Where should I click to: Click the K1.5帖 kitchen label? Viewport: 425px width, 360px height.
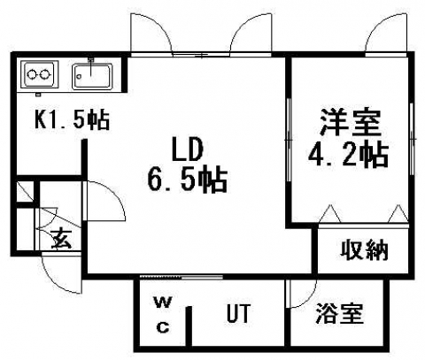(x=73, y=119)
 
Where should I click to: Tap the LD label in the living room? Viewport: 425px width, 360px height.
(x=188, y=149)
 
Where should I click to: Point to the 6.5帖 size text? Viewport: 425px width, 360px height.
(x=188, y=180)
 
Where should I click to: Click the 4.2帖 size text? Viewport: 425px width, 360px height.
(x=348, y=156)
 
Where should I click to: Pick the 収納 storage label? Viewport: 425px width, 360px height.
(x=364, y=250)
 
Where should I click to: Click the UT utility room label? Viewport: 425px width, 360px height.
(x=239, y=313)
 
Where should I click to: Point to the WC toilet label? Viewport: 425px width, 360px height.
(x=163, y=315)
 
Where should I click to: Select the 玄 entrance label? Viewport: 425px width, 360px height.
(x=61, y=238)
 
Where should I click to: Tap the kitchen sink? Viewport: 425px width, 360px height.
(x=92, y=76)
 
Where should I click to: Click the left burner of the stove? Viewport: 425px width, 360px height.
(x=31, y=74)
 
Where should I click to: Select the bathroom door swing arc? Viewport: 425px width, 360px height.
(x=309, y=299)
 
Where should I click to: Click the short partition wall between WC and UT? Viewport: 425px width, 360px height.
(x=189, y=326)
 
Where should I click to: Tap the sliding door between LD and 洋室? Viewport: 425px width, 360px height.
(x=289, y=140)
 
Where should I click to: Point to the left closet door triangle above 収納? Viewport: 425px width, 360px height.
(x=331, y=214)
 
